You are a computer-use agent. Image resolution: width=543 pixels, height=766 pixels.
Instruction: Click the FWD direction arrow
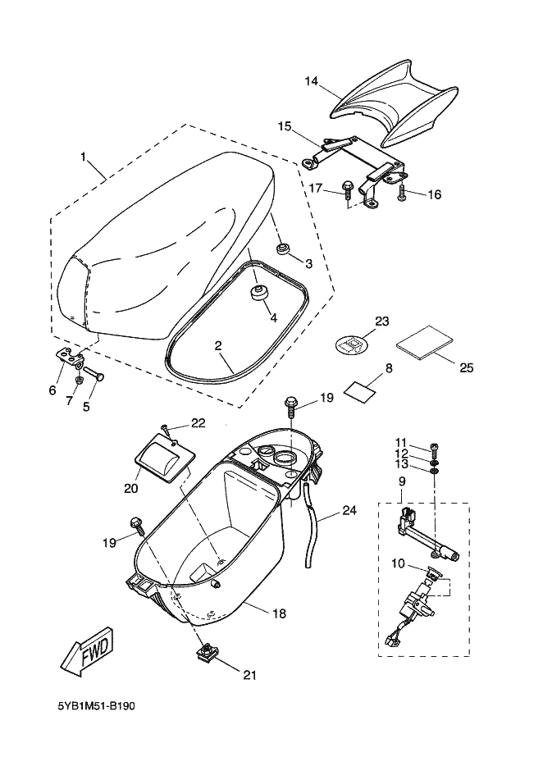85,653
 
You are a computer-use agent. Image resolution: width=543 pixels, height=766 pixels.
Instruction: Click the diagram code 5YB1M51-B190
96,705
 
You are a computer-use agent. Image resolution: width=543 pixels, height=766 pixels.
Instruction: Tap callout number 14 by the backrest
311,81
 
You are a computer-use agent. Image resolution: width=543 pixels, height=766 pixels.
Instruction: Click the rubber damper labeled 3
284,248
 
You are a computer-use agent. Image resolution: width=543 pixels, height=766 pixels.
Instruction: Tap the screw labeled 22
166,429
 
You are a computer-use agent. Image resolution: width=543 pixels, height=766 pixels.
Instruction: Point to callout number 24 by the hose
349,510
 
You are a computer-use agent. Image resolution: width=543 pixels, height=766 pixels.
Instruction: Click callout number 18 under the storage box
280,613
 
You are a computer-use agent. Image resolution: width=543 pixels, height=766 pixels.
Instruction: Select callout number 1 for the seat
83,155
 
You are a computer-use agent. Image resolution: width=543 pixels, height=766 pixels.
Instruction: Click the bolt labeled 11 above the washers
435,447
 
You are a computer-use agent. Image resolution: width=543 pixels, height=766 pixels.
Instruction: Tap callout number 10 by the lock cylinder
399,563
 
